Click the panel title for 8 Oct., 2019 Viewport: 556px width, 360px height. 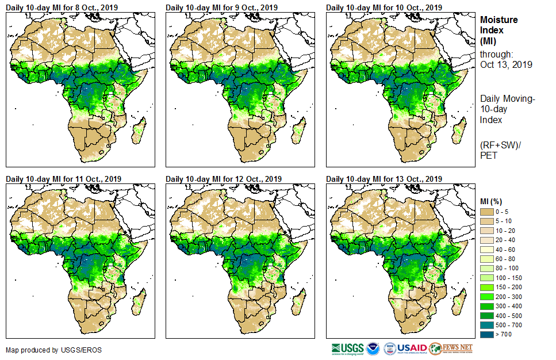point(62,7)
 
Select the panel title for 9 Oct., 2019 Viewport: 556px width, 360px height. point(221,7)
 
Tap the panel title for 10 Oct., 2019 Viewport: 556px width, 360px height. point(384,7)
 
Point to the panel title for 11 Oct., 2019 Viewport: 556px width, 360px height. point(63,179)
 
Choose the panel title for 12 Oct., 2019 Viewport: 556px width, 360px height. point(224,179)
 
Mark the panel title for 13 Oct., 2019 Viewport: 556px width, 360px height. point(384,179)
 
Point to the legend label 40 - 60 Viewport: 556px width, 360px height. point(505,250)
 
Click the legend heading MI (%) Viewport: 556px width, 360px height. point(492,202)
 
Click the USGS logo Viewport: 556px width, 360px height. point(347,348)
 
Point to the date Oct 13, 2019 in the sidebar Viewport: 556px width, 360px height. point(506,64)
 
